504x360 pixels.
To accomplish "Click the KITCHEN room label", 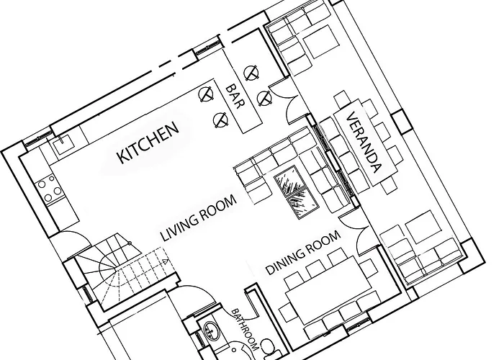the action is (148, 142).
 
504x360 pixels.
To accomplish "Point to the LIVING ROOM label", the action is (198, 219).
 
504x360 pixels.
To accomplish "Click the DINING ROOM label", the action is (303, 253).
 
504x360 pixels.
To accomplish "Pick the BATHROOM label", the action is (245, 330).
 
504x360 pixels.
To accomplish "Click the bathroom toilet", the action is (269, 348).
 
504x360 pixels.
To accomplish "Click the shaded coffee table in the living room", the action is (296, 192).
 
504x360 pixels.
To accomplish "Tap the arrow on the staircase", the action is (165, 261).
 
